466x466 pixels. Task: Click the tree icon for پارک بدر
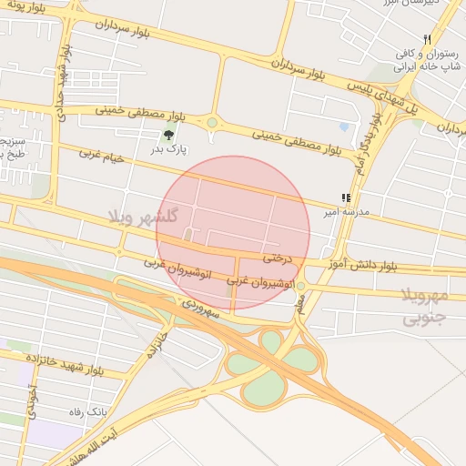coord(168,136)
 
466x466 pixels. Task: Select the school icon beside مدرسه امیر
coord(345,198)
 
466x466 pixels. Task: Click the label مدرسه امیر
coord(345,211)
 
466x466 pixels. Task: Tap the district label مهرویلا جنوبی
coord(425,306)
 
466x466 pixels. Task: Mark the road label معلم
coord(302,307)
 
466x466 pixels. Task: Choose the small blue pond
coord(343,127)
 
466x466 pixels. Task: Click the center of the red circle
coord(233,233)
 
